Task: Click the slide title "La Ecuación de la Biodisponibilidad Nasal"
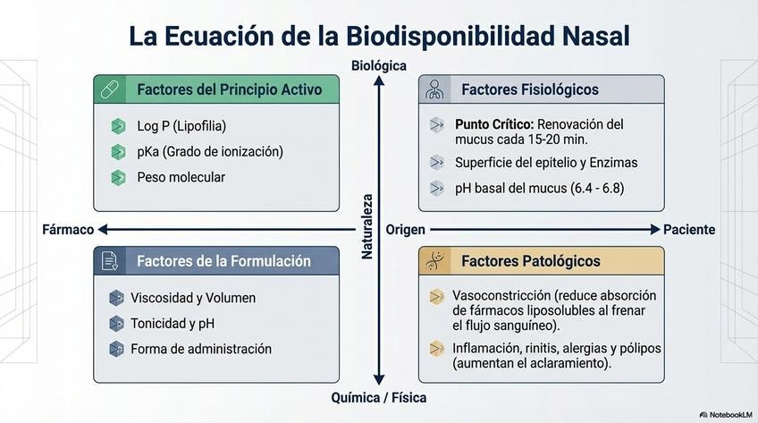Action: pos(379,36)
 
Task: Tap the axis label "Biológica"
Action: pos(379,65)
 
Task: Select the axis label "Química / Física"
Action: pos(379,397)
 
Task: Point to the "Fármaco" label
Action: pos(68,230)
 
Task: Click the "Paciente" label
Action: pos(689,230)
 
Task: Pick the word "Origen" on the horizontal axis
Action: pos(405,230)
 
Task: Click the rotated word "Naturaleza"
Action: pos(367,227)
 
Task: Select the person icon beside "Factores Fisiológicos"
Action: pos(435,89)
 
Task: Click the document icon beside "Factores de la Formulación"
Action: pos(110,260)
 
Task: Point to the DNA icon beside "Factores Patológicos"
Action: pos(435,260)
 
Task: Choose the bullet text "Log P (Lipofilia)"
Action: pos(181,126)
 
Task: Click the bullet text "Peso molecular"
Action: pos(181,177)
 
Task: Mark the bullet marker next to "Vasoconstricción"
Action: pos(436,296)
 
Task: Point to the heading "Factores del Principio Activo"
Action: pos(230,89)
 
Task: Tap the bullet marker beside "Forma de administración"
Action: pos(116,349)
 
